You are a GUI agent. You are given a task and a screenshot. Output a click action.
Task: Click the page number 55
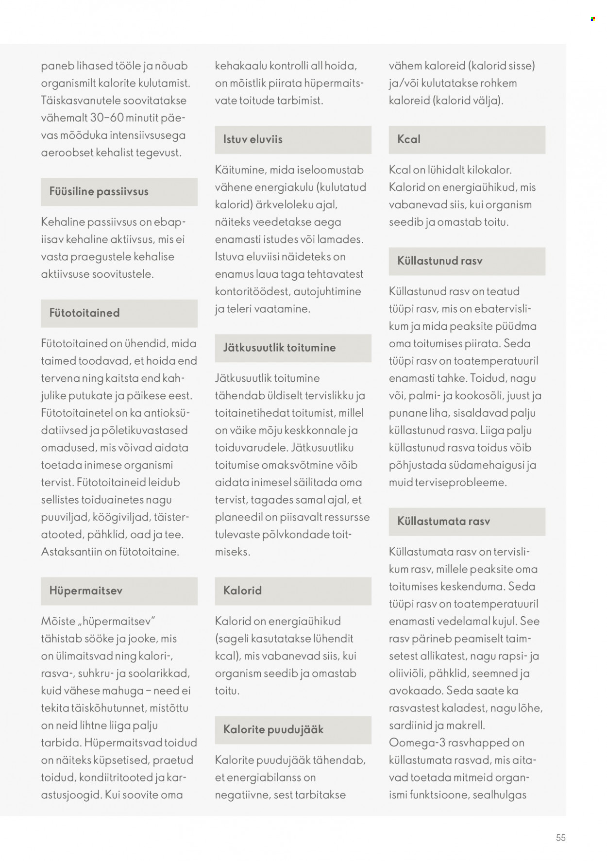coord(561,838)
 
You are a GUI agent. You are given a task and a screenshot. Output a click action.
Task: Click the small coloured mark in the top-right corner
coord(593,19)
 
